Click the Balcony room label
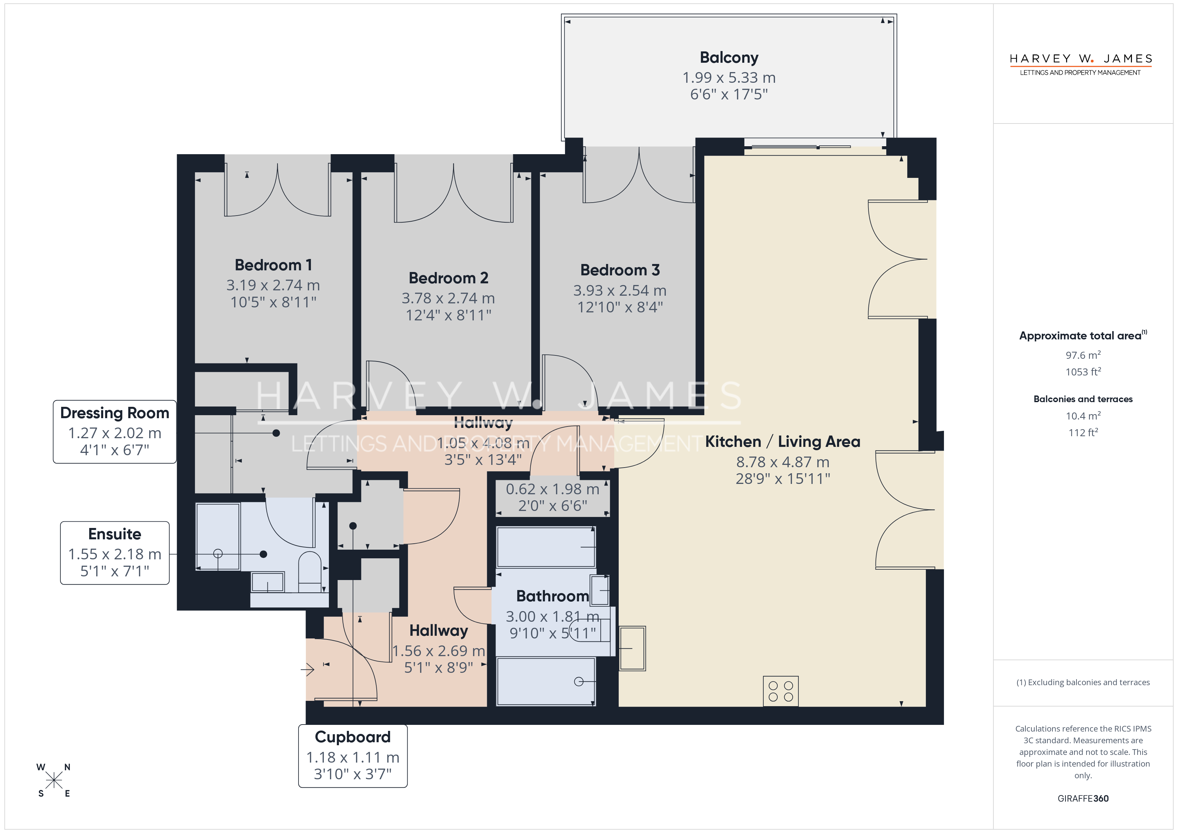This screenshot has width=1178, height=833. coord(729,57)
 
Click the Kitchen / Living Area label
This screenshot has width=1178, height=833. coord(782,442)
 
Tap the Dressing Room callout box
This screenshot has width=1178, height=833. coord(115,432)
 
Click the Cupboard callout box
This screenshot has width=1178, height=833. coord(353,756)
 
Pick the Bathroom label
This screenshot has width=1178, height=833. coord(553,596)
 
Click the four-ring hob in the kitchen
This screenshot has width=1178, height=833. coord(780,691)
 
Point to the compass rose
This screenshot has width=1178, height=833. coord(53,780)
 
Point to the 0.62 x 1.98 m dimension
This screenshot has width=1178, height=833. coord(553,489)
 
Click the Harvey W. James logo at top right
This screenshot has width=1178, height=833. coord(1081,64)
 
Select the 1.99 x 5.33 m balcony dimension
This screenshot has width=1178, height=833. coord(729,77)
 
